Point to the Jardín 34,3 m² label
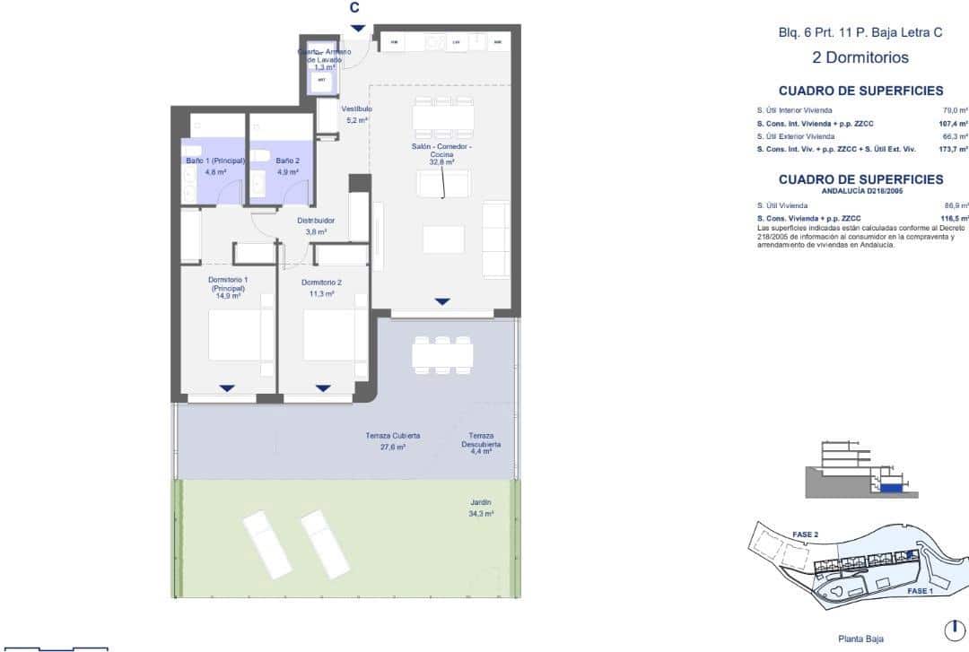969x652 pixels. click(x=481, y=509)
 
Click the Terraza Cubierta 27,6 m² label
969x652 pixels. click(x=392, y=440)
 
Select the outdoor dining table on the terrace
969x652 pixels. click(x=442, y=352)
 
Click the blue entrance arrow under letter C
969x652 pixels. click(x=357, y=28)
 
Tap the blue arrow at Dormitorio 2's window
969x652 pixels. click(x=323, y=387)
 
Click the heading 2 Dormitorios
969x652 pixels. click(x=860, y=58)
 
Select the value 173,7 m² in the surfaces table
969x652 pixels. click(x=953, y=149)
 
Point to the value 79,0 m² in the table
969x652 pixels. click(x=955, y=110)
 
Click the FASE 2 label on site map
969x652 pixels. click(x=804, y=535)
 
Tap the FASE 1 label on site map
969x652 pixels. click(x=920, y=592)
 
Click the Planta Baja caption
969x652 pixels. click(x=860, y=639)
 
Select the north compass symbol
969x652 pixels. click(x=956, y=629)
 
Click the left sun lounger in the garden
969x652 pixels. click(x=266, y=543)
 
